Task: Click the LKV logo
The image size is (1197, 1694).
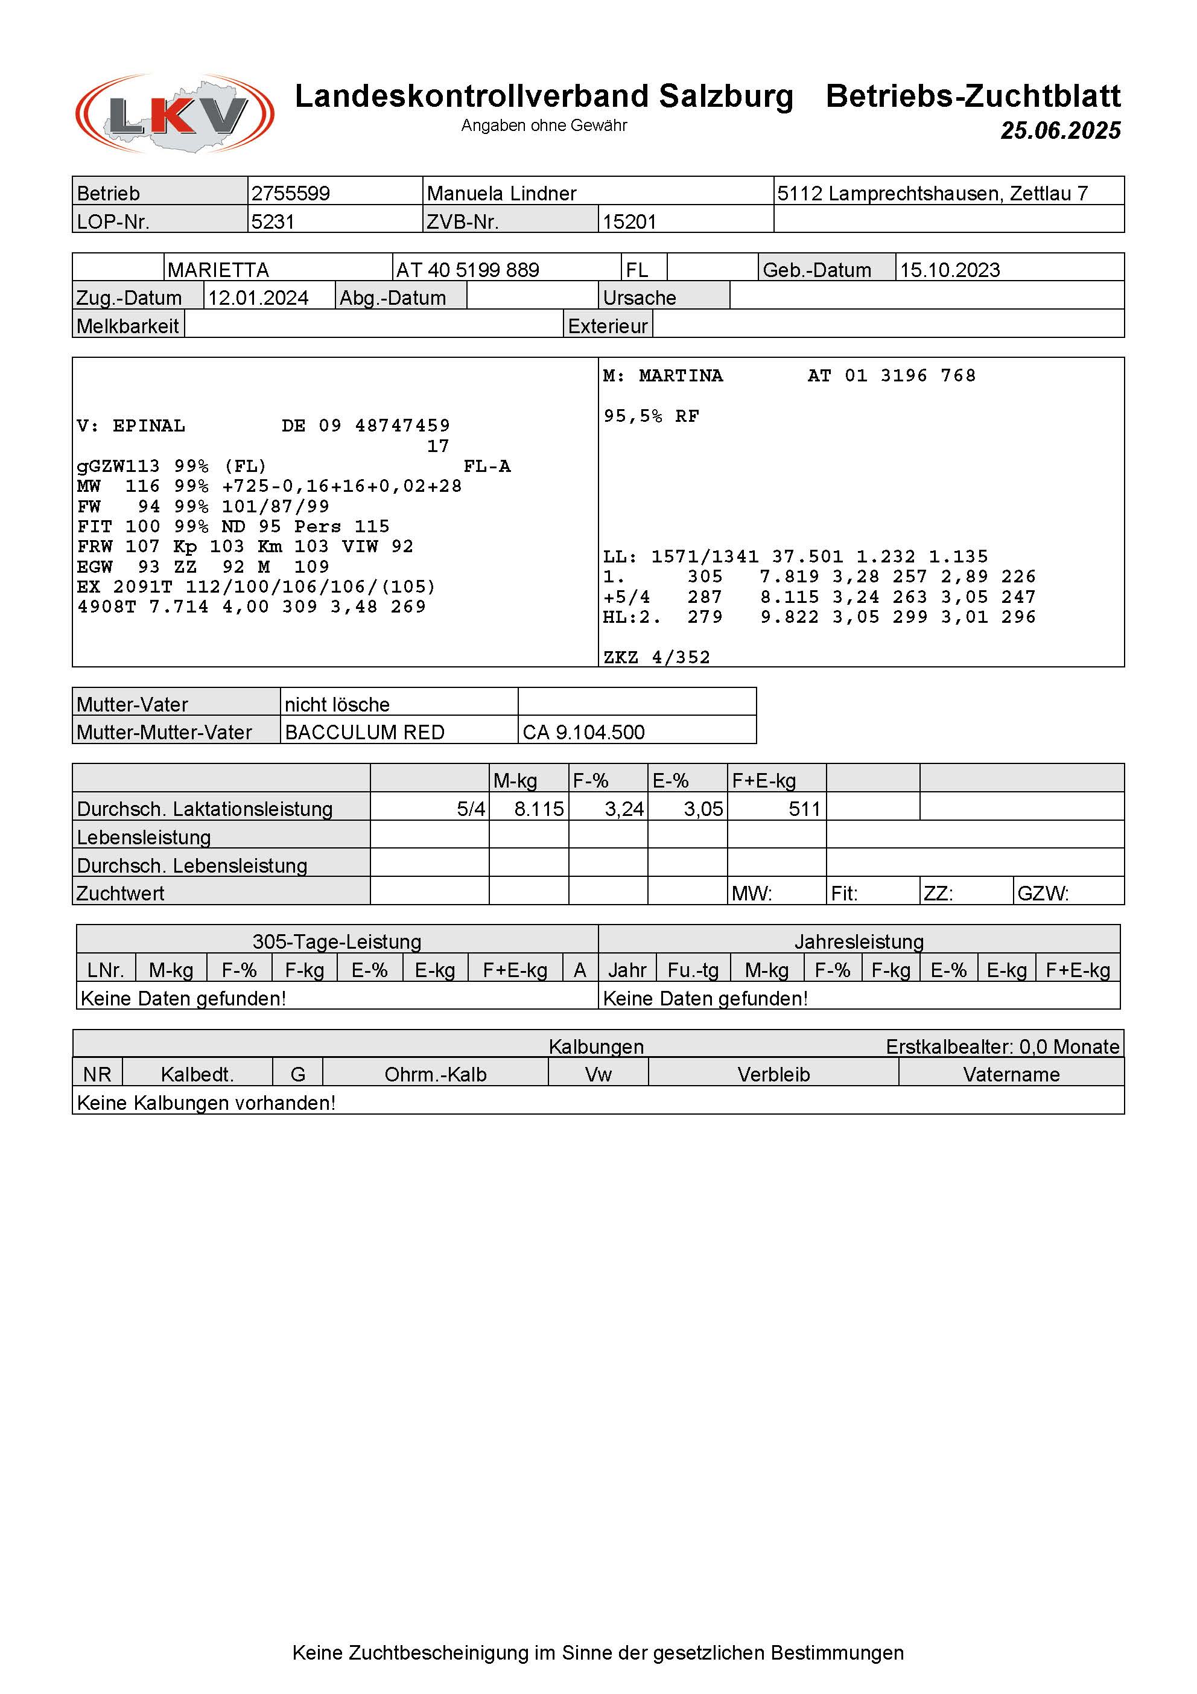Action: click(175, 113)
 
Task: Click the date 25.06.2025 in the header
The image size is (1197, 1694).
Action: click(1060, 130)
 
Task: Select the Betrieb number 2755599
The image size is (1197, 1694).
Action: click(291, 193)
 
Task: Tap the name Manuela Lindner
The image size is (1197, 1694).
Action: click(501, 193)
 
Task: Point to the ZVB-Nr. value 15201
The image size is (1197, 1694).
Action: click(629, 221)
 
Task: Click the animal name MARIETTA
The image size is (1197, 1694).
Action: click(218, 270)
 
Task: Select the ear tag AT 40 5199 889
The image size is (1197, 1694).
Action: click(468, 270)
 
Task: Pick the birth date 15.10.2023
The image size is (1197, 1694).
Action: click(950, 270)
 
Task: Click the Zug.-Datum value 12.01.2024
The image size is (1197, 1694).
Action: click(258, 298)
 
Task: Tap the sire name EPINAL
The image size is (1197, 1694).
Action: click(149, 425)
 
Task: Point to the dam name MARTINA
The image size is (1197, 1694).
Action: click(681, 375)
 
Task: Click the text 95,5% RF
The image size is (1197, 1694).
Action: click(651, 416)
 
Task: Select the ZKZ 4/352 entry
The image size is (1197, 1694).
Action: click(656, 657)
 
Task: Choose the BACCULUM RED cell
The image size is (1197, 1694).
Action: click(364, 733)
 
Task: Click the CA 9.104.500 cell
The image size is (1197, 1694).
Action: click(583, 733)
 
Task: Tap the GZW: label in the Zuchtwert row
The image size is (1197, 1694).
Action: click(1043, 894)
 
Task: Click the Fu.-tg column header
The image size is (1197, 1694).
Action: click(693, 970)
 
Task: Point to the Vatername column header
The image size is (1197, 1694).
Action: click(1011, 1075)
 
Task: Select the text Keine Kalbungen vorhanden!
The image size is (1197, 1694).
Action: click(206, 1103)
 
